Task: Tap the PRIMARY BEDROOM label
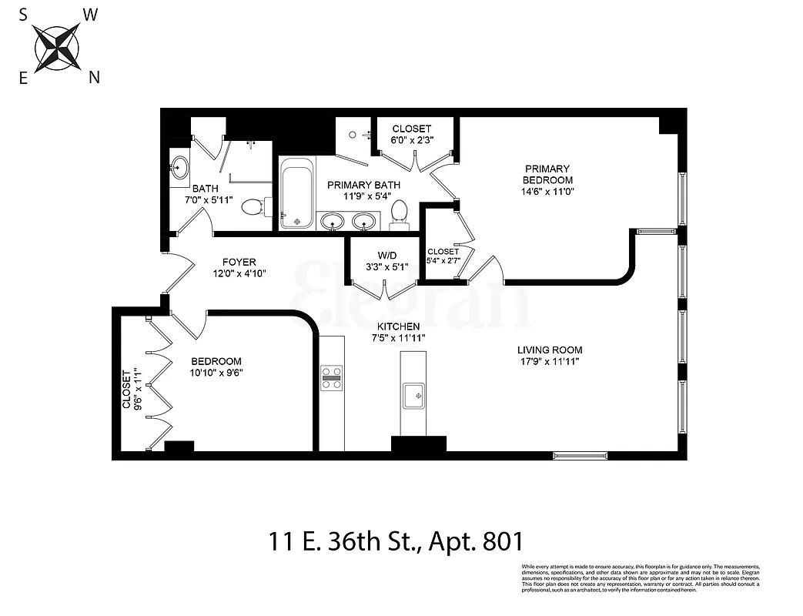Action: pos(547,174)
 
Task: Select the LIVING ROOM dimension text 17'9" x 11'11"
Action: pos(549,360)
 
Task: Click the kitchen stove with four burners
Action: pos(332,377)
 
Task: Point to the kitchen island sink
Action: pos(413,395)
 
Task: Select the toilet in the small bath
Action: pos(255,206)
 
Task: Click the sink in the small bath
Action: pos(180,167)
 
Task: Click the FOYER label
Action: pos(239,262)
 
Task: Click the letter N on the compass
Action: pos(94,76)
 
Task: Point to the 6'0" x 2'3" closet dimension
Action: pos(411,140)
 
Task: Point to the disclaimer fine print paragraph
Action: pos(640,578)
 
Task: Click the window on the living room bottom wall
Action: pos(580,456)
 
